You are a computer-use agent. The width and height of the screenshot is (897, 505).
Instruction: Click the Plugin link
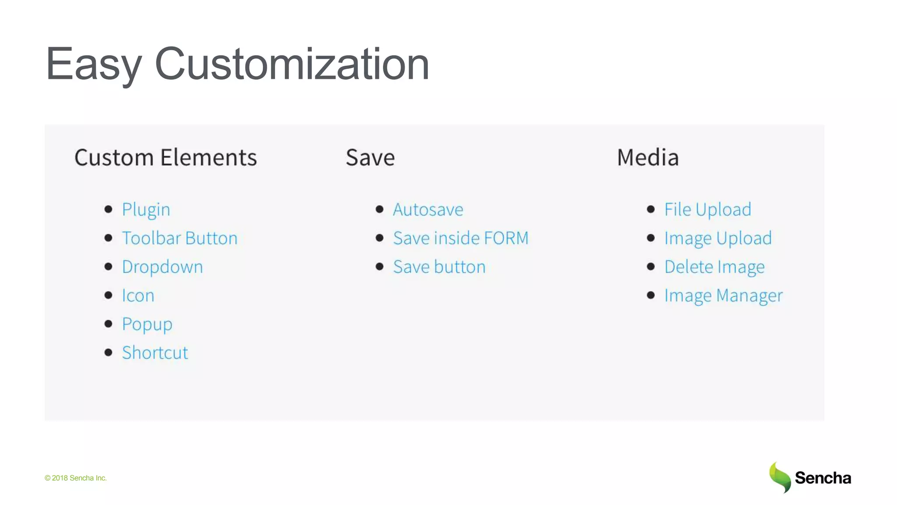[x=146, y=210]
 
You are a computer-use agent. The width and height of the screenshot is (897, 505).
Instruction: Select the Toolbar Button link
[x=180, y=238]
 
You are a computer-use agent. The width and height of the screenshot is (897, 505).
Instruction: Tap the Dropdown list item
[x=162, y=267]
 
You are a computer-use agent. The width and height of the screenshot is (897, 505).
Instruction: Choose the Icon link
[x=138, y=295]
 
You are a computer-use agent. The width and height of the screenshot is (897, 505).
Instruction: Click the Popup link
[x=147, y=324]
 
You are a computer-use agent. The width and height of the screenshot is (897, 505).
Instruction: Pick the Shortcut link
[x=155, y=353]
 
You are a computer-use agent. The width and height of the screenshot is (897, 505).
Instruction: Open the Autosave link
[x=428, y=210]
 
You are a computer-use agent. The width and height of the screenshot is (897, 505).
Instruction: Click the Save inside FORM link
[x=461, y=238]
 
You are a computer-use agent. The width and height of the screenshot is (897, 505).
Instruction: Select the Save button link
[x=439, y=267]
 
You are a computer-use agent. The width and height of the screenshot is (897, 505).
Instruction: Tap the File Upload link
[x=708, y=210]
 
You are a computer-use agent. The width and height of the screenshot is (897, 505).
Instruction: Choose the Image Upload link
[x=718, y=238]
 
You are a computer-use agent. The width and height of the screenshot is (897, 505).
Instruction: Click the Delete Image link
[x=714, y=267]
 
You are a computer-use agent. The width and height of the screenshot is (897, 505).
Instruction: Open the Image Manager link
[x=724, y=295]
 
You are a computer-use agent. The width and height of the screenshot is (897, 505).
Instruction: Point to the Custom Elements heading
[x=166, y=157]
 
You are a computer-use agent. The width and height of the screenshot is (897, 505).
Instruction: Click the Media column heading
[x=648, y=157]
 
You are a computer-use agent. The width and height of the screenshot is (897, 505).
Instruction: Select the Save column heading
[x=370, y=157]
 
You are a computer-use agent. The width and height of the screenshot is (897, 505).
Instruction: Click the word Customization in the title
[x=292, y=64]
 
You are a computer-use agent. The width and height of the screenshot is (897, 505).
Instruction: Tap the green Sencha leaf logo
[x=780, y=477]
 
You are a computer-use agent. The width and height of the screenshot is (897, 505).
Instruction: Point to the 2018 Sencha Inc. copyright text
[x=76, y=478]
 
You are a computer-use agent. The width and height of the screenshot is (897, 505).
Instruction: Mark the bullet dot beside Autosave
[x=380, y=209]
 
